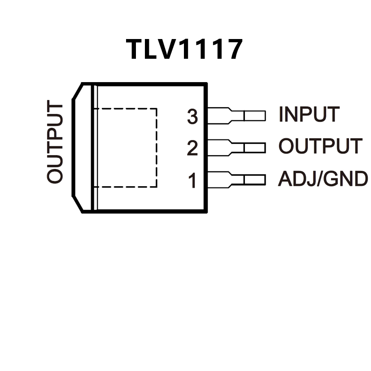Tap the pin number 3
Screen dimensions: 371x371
coord(192,117)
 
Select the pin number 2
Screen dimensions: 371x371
coord(192,148)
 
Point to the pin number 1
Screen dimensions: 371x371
coord(192,181)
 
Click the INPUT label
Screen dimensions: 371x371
coord(309,114)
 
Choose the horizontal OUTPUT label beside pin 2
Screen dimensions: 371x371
coord(320,146)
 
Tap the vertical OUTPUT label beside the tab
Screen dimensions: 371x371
coord(55,143)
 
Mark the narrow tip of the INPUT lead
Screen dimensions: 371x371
coord(254,116)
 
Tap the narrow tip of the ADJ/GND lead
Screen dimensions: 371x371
coord(254,179)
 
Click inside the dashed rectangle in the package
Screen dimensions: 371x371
coord(127,147)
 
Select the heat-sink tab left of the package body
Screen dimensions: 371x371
coord(83,147)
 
